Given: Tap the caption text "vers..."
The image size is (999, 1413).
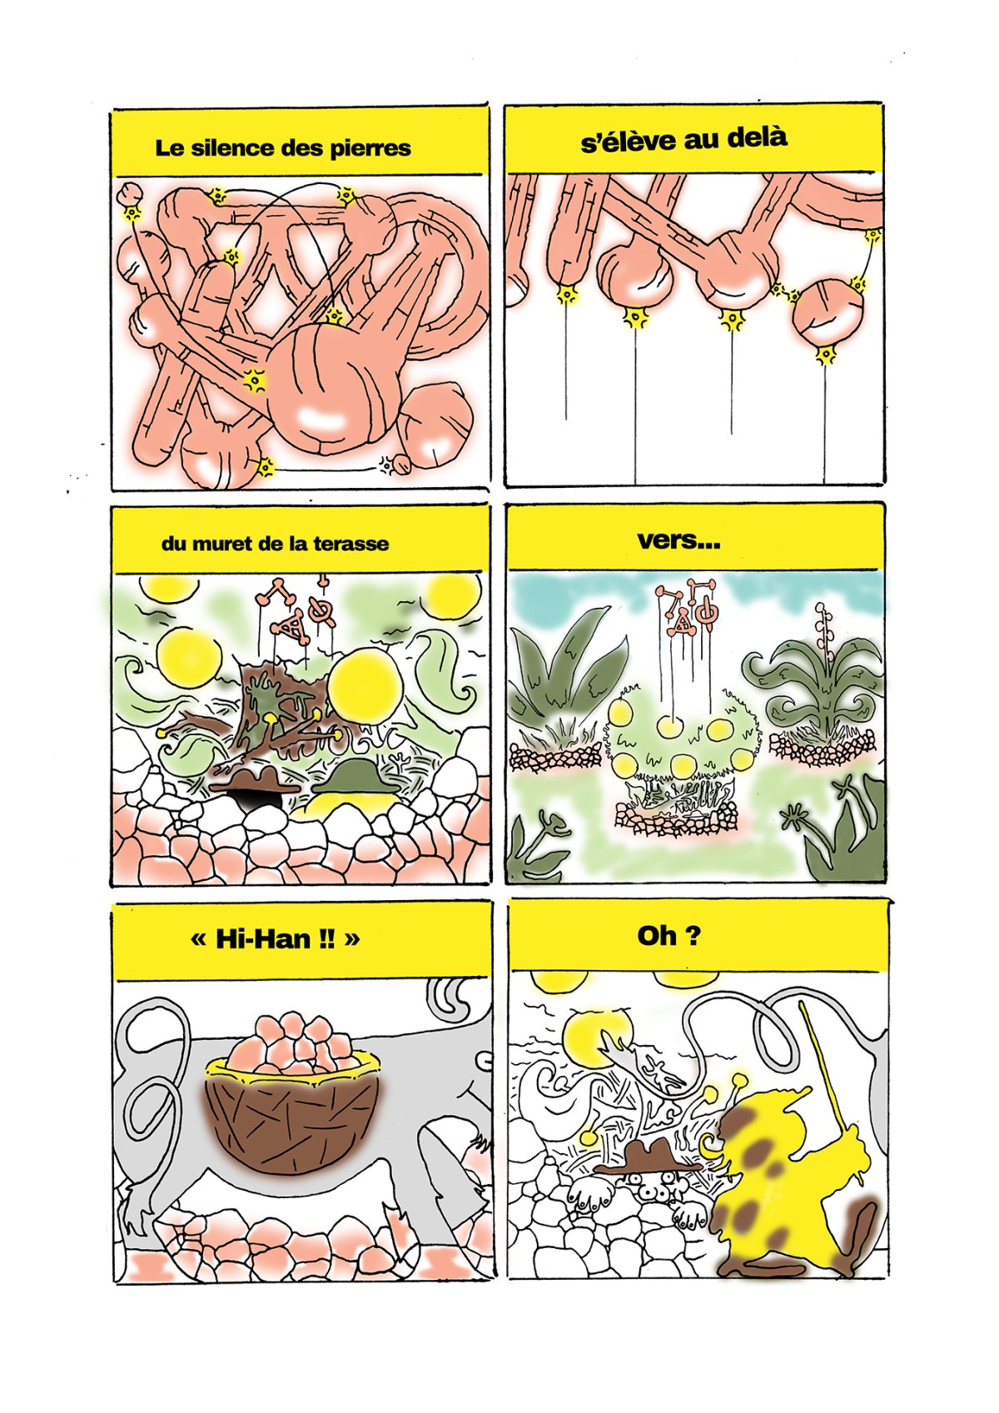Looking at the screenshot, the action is [678, 540].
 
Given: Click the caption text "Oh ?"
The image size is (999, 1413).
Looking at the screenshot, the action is [668, 936].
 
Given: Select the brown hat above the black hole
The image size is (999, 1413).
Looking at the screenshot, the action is [255, 782].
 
